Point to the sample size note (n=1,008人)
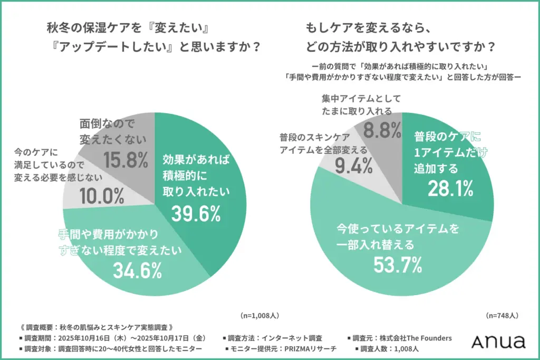(x=259, y=315)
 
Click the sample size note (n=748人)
(x=502, y=315)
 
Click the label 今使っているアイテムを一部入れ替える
(x=398, y=237)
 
